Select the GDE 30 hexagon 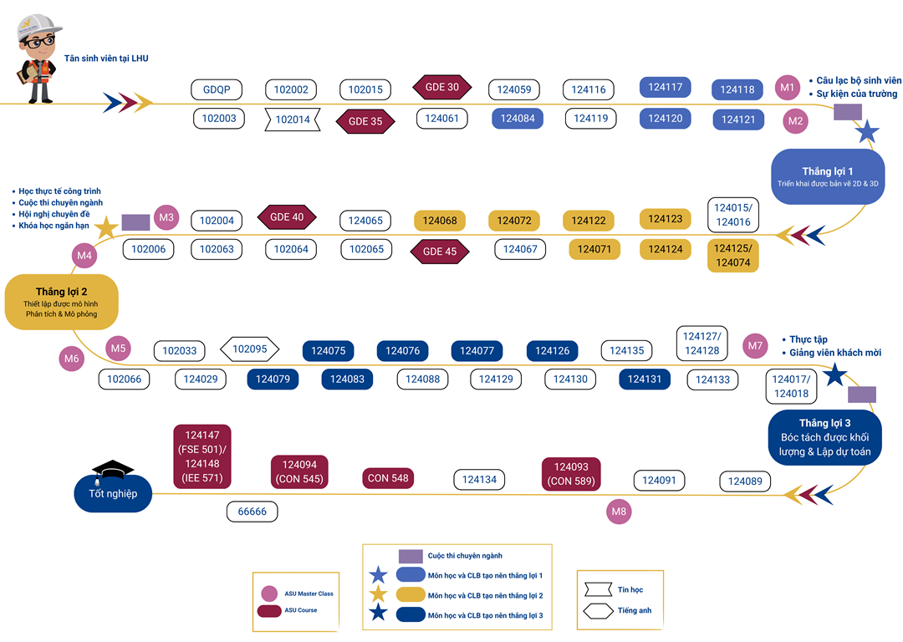coord(442,87)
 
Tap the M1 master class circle coord(787,87)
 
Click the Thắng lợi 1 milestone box coord(827,176)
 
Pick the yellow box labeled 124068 coord(440,221)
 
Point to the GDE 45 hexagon coord(440,252)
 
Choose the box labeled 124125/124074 coord(732,256)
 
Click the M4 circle coord(84,255)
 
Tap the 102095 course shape coord(249,349)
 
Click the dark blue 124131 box coord(645,380)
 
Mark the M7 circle coord(756,345)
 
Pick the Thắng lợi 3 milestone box coord(824,436)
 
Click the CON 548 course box coord(388,478)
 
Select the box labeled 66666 coord(252,512)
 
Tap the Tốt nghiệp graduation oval coord(113,493)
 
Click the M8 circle coord(619,512)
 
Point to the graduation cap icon coord(112,470)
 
